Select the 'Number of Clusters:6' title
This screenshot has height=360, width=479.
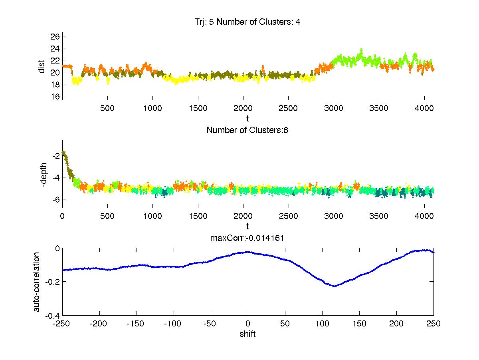(x=247, y=130)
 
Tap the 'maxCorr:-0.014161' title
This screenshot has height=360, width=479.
(x=247, y=238)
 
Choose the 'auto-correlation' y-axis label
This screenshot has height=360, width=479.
(x=37, y=282)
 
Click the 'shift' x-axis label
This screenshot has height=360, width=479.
(x=247, y=334)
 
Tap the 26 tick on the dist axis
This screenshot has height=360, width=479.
(x=55, y=36)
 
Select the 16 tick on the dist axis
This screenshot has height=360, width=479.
(x=55, y=96)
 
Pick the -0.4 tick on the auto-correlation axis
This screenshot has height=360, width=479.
(x=53, y=316)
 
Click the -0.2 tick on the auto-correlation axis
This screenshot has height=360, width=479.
(x=53, y=282)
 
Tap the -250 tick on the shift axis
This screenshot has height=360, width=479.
(x=62, y=324)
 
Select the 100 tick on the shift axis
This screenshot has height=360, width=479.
(x=322, y=324)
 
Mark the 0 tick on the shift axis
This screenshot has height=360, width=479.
(x=248, y=324)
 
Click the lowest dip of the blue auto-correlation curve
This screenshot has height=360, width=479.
(x=334, y=286)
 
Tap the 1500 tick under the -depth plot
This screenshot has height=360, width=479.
(x=198, y=216)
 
